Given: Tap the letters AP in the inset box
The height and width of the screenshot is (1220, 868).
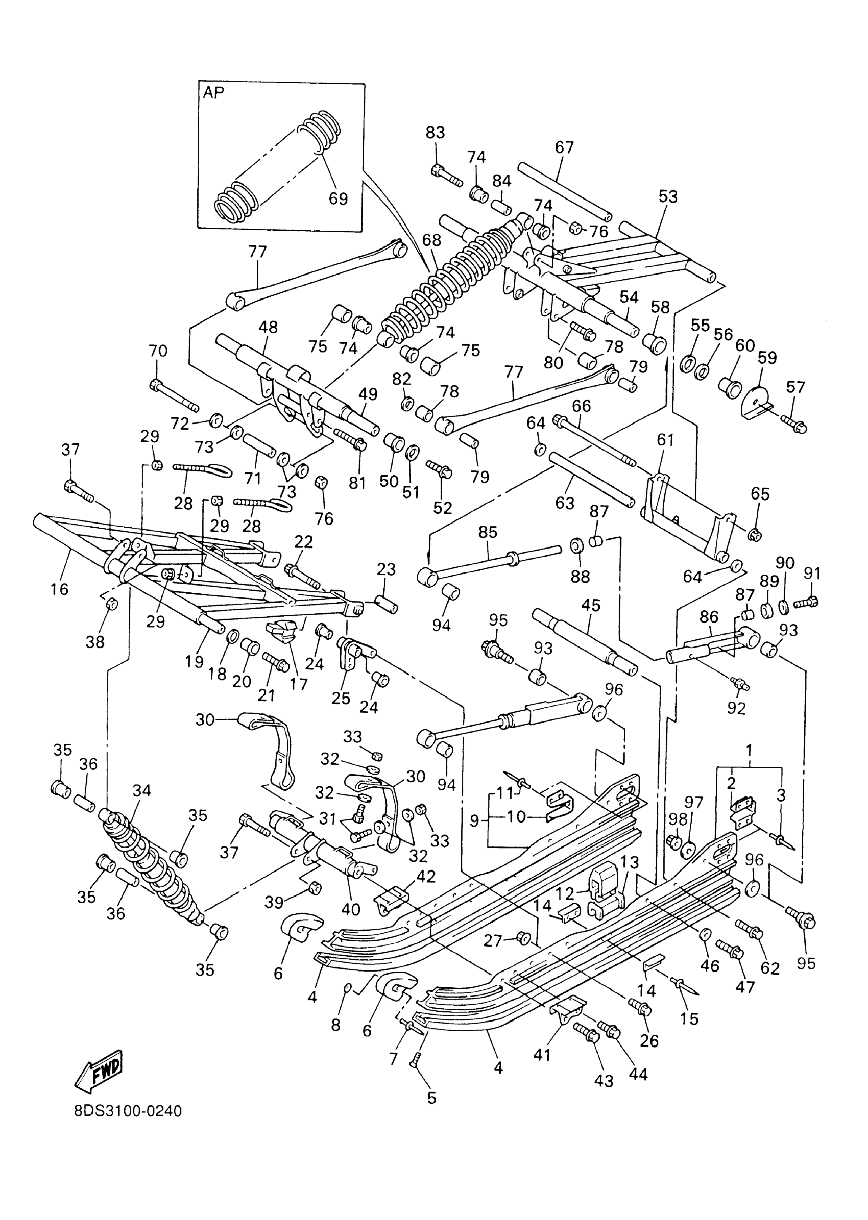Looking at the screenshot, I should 213,93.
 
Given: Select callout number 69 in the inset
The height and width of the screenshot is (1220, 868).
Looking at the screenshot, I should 338,198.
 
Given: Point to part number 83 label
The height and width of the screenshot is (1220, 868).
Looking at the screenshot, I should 435,132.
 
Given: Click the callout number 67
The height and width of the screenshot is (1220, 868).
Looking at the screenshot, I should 564,147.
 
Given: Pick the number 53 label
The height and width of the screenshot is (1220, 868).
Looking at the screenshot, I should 667,196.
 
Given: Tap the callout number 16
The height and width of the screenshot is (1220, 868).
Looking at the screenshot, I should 60,589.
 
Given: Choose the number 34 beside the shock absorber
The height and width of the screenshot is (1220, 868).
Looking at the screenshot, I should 141,790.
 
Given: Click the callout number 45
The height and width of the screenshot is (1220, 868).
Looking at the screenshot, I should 591,605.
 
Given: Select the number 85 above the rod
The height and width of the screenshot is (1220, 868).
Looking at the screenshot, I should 488,532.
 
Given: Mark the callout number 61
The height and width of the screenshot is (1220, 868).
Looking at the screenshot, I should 665,440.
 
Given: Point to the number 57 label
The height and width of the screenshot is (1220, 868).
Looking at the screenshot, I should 795,387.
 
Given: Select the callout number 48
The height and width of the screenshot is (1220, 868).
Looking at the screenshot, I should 268,327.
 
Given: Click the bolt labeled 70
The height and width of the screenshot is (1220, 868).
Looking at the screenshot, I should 174,396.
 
